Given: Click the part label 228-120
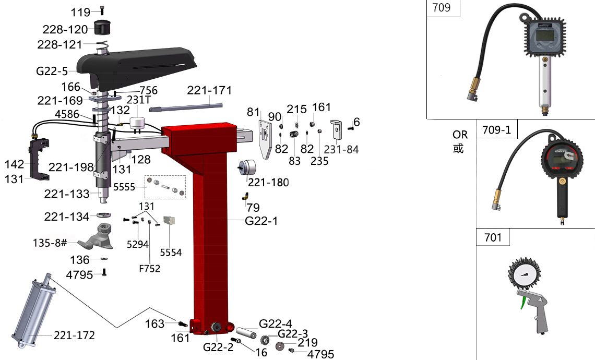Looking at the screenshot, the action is tap(65, 29).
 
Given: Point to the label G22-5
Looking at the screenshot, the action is tap(52, 71).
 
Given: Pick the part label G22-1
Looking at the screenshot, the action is tap(261, 220).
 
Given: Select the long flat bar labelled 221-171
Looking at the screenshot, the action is tap(186, 107).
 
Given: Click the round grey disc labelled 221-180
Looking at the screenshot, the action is tap(247, 167).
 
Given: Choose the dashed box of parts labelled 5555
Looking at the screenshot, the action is tap(165, 187).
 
